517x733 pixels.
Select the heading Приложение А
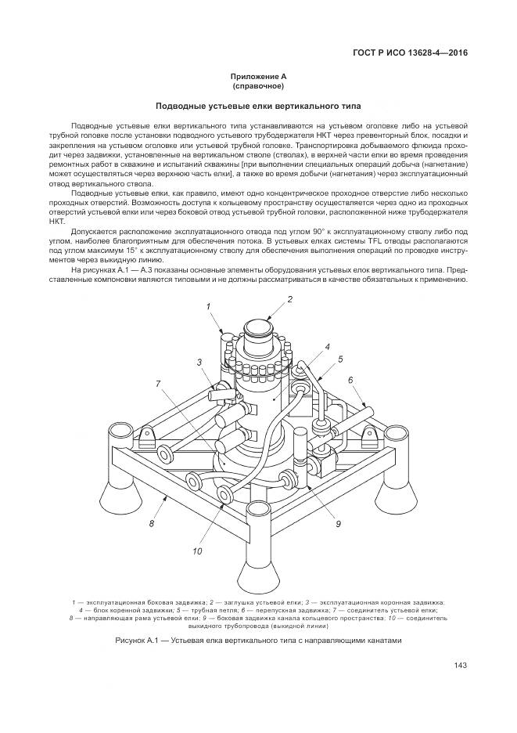pos(258,76)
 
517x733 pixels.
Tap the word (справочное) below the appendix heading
pos(258,85)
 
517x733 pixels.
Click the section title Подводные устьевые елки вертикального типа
pos(258,106)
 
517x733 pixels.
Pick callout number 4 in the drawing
pos(327,345)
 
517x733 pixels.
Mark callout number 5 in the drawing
pos(340,359)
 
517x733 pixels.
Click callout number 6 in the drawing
pos(351,379)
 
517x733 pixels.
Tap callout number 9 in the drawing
pos(338,502)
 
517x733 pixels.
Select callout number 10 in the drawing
pos(197,551)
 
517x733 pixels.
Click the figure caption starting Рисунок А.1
pos(258,641)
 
